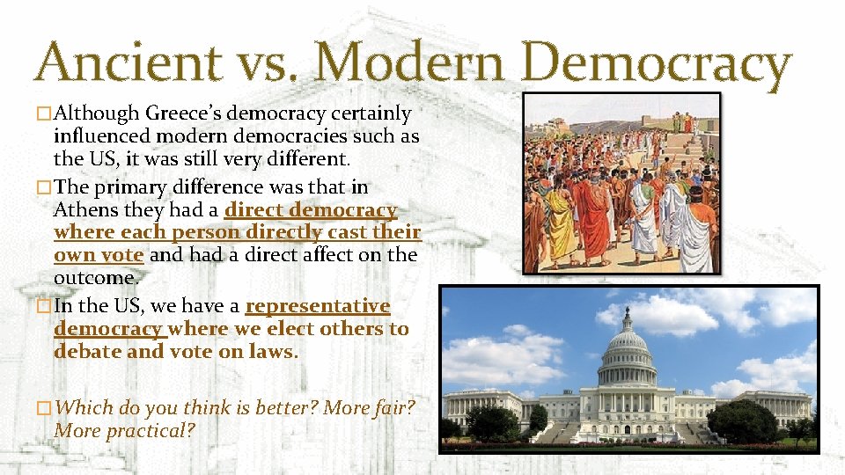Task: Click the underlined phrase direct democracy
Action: point(311,210)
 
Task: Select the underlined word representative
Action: point(317,306)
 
